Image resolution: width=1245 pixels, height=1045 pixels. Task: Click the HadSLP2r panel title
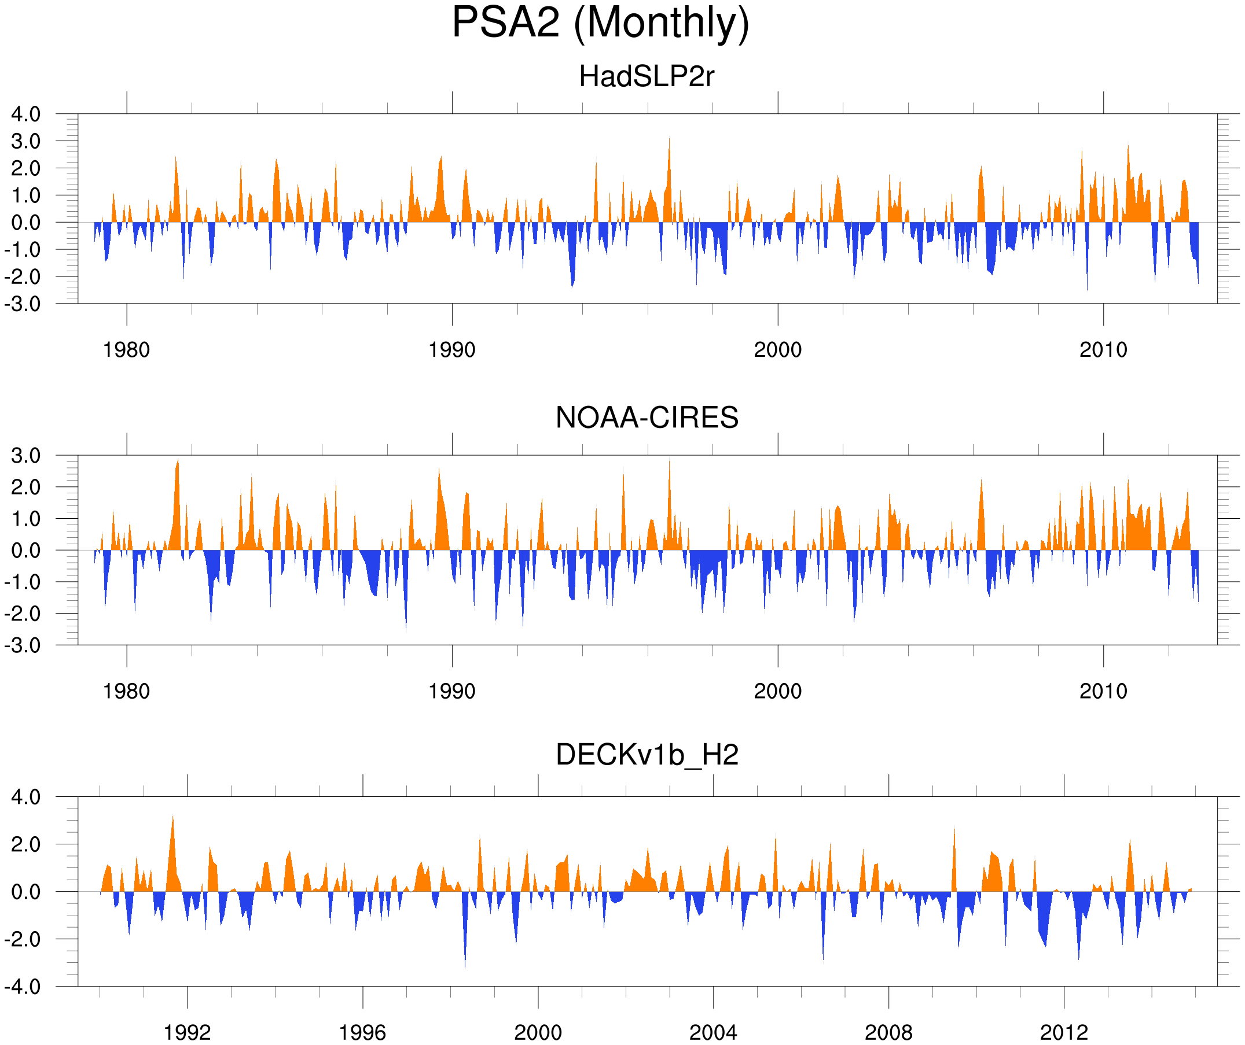(x=646, y=76)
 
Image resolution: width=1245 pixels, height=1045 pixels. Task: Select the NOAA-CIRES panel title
(x=646, y=418)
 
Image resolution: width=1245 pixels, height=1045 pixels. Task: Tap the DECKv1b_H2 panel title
(x=646, y=755)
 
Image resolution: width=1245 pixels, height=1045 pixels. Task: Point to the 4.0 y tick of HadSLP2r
(x=26, y=114)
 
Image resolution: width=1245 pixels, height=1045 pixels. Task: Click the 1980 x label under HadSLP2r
(x=126, y=350)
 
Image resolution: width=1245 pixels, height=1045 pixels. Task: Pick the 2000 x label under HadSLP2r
(x=777, y=350)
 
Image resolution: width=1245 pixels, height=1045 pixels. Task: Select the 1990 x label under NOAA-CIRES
(x=452, y=691)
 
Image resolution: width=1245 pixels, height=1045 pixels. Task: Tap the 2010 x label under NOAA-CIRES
(x=1103, y=691)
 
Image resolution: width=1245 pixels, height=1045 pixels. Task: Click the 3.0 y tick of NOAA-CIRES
(x=26, y=456)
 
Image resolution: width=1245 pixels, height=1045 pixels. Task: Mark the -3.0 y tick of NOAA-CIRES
(x=23, y=645)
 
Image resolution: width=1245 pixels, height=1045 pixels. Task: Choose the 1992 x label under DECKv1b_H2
(x=188, y=1032)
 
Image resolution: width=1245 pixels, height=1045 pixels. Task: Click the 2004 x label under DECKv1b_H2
(x=713, y=1032)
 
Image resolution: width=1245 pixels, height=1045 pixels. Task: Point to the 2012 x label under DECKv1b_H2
(x=1064, y=1032)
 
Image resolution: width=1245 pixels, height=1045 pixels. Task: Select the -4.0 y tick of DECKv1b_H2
(x=23, y=987)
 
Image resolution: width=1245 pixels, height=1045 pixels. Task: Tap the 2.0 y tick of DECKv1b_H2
(x=26, y=844)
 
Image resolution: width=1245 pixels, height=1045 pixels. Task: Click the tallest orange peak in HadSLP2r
(x=669, y=140)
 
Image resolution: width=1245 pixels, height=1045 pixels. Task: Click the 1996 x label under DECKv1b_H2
(x=362, y=1032)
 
